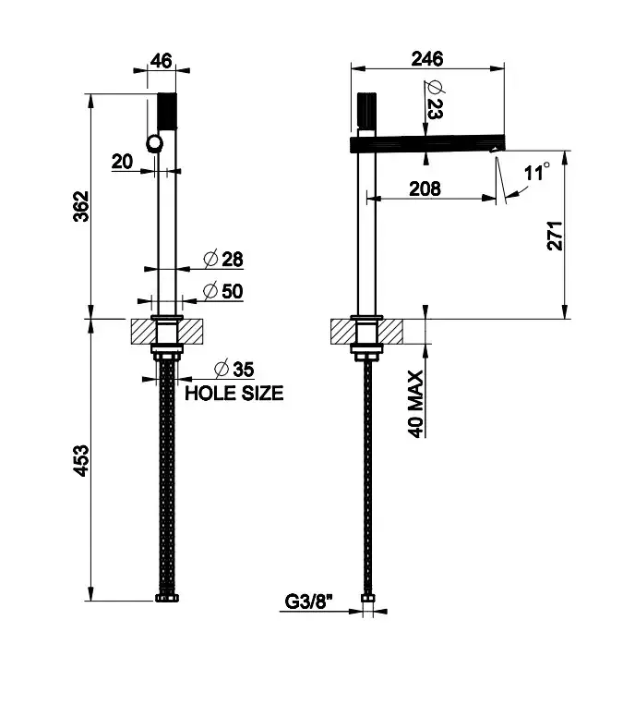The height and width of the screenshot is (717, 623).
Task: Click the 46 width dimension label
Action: [162, 61]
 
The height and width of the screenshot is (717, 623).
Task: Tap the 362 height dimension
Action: [81, 206]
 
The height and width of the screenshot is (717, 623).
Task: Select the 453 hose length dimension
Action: [81, 460]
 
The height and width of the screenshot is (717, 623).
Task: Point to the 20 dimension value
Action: [122, 162]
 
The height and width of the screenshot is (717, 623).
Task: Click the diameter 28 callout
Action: [223, 260]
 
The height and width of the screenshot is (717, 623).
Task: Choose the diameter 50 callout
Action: [223, 291]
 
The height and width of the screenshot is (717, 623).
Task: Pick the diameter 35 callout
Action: [234, 369]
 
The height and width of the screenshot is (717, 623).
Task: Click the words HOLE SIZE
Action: [234, 394]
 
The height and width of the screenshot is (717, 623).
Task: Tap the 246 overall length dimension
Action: [427, 59]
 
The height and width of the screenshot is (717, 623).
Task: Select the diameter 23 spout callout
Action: [434, 100]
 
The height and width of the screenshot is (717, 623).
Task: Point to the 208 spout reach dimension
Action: [425, 188]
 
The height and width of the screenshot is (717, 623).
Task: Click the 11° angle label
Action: [537, 172]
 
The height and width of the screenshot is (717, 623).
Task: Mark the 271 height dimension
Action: [555, 236]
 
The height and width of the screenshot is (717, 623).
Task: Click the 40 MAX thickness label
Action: [415, 404]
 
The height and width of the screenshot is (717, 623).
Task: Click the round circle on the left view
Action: [155, 143]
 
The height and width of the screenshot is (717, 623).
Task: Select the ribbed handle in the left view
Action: [167, 111]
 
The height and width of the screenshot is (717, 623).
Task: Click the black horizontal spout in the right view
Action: [428, 143]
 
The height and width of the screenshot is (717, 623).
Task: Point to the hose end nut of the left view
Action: [167, 597]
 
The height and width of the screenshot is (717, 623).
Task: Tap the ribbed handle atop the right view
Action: [366, 111]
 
